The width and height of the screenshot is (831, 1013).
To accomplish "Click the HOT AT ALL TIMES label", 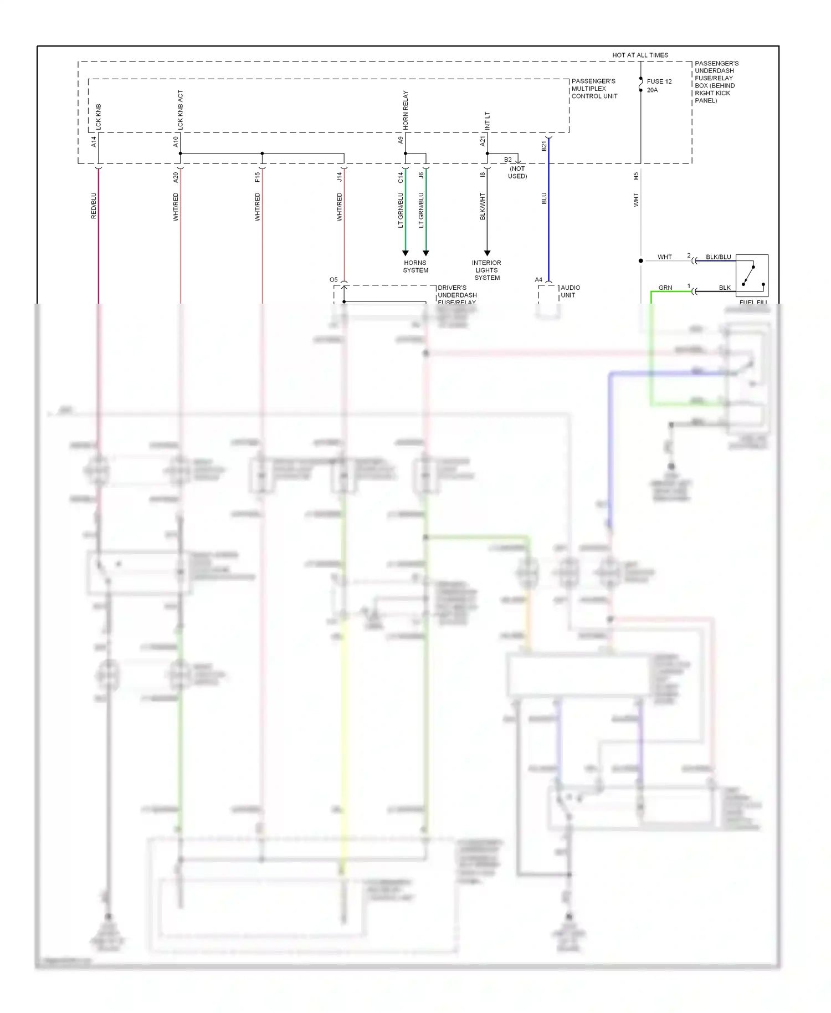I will click(x=640, y=55).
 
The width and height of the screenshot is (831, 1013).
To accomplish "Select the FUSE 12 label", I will click(x=659, y=81).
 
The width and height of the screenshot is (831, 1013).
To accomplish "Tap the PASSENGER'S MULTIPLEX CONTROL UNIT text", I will click(x=594, y=89).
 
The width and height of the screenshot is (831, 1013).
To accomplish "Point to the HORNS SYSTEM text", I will click(x=416, y=267).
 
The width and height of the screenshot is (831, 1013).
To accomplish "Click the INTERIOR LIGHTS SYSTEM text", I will click(x=486, y=270).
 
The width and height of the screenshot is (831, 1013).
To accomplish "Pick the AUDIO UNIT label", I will click(x=570, y=291).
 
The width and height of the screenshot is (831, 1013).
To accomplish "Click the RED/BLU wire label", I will click(x=94, y=206).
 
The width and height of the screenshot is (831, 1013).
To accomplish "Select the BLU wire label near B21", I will click(x=544, y=198).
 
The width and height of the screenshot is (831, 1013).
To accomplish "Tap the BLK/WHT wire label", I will click(x=483, y=206).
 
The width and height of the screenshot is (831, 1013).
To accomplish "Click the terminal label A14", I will click(x=94, y=142).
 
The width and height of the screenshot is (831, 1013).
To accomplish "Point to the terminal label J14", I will click(x=339, y=177).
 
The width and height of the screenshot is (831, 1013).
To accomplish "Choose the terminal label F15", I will click(x=257, y=177).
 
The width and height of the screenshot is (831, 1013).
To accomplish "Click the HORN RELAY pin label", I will click(x=405, y=111).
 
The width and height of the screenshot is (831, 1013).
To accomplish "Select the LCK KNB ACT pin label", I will click(x=180, y=110).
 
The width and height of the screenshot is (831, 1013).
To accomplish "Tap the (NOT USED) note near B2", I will click(x=517, y=172).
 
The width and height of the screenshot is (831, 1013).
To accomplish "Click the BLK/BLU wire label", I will click(x=718, y=257).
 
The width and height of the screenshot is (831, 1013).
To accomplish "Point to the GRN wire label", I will click(x=665, y=288).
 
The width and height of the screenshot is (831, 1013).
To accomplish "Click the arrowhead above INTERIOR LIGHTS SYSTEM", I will click(x=487, y=253).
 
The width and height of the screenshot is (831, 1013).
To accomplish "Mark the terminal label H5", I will click(x=636, y=176).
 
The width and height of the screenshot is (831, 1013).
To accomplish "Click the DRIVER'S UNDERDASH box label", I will click(x=457, y=295).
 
